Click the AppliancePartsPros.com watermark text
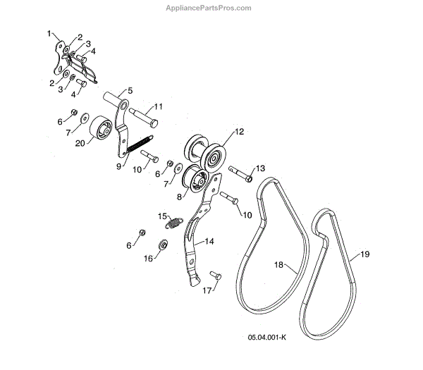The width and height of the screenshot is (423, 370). click(x=211, y=8)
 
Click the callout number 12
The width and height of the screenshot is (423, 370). click(x=239, y=132)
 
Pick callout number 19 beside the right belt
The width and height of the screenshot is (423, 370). click(x=364, y=254)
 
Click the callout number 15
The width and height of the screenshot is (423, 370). click(x=161, y=216)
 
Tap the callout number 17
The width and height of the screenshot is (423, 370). click(x=207, y=290)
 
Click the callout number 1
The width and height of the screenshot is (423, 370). click(x=50, y=33)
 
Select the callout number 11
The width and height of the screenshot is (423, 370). click(x=159, y=106)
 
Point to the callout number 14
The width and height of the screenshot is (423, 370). click(x=209, y=241)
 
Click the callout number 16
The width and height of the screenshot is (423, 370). click(x=149, y=259)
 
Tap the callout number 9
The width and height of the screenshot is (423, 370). click(x=118, y=166)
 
